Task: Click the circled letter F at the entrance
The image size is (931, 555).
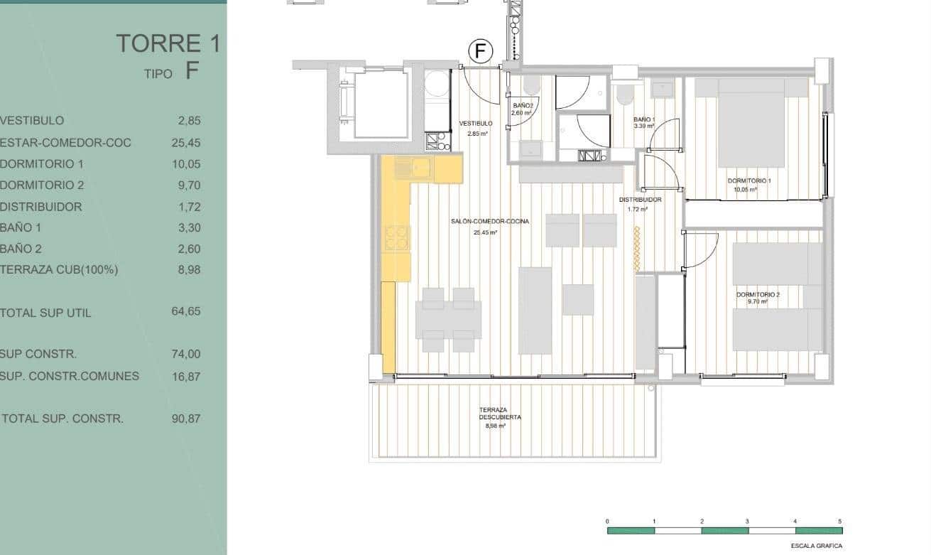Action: (481, 51)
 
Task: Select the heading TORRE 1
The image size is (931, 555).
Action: (168, 43)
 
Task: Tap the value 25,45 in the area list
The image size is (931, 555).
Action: (186, 142)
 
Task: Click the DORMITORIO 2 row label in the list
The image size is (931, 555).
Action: (42, 185)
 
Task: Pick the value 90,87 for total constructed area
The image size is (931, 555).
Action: (186, 419)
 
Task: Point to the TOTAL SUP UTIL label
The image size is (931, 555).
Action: (45, 313)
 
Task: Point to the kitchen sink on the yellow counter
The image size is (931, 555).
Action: (413, 168)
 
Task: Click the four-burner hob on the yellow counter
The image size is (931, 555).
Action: (397, 238)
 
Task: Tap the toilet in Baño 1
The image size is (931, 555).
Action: (624, 95)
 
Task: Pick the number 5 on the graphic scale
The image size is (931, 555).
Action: (840, 522)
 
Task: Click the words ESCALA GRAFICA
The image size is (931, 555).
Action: (816, 546)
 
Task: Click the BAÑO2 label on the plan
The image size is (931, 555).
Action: (521, 107)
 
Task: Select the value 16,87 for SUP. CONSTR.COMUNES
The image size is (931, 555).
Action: (186, 376)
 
